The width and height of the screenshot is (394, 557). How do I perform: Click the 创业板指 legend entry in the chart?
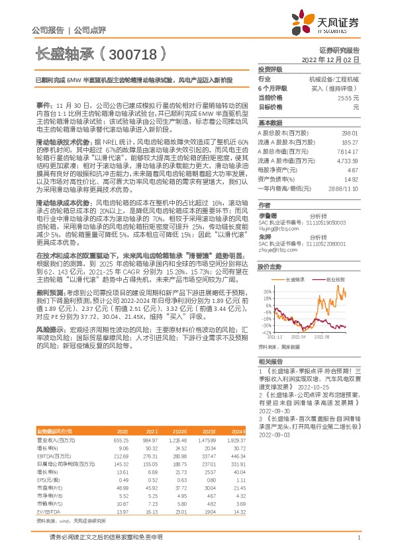(335, 280)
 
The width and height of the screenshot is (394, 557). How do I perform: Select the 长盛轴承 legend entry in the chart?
(296, 280)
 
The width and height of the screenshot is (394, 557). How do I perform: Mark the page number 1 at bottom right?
(358, 538)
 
